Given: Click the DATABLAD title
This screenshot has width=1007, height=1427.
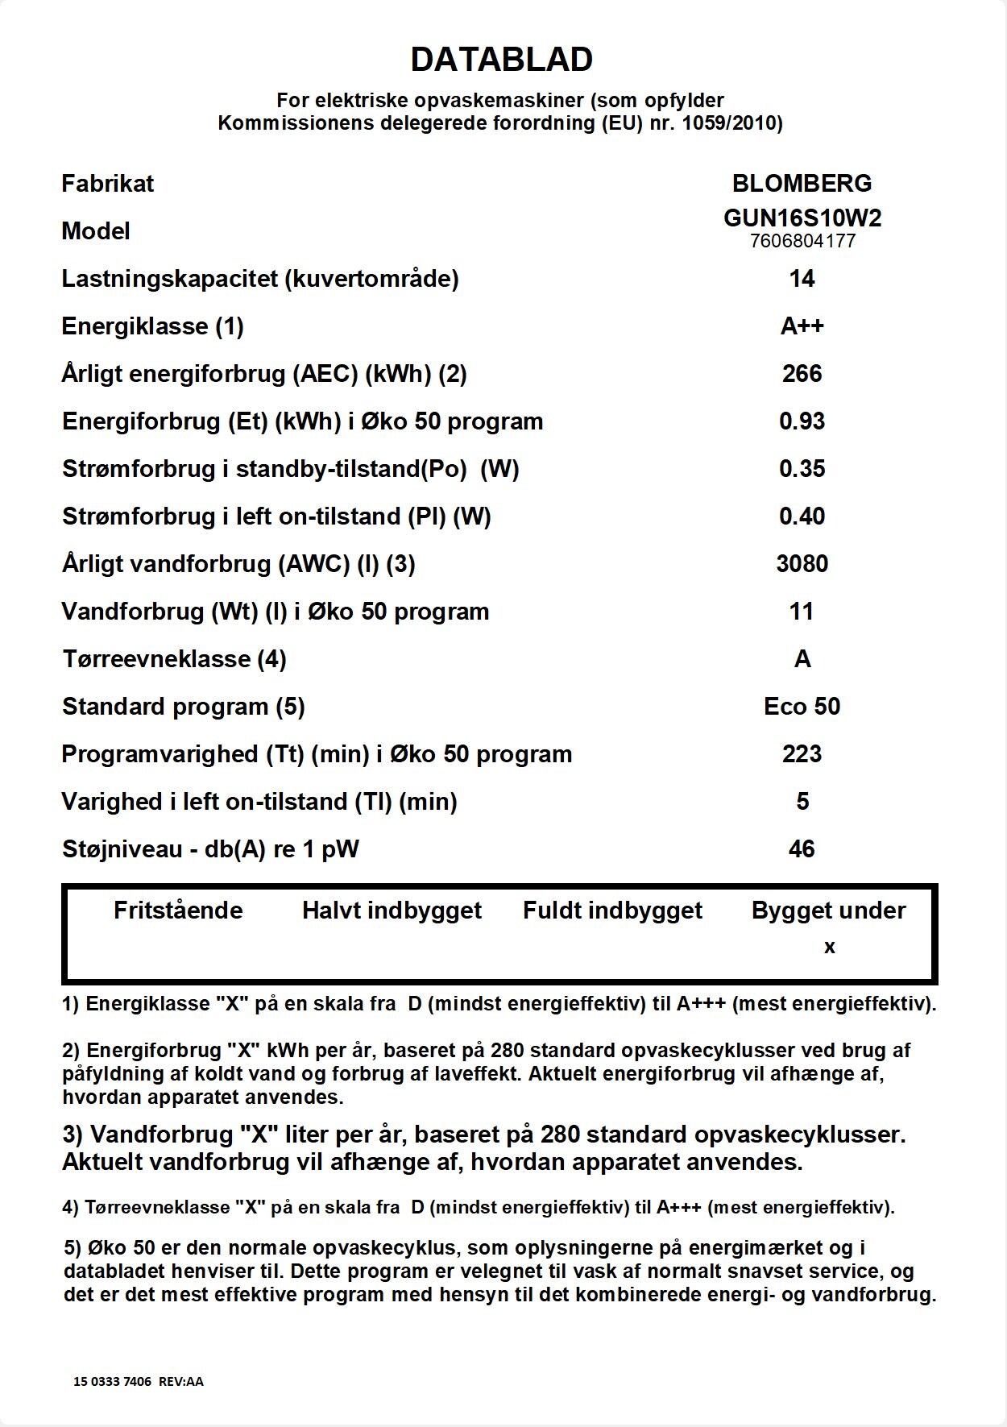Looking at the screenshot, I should [501, 60].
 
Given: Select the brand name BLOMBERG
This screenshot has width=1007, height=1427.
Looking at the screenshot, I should [802, 184].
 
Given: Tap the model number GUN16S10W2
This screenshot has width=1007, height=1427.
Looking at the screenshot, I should [802, 218].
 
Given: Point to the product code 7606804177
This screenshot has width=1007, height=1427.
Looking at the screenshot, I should [802, 241].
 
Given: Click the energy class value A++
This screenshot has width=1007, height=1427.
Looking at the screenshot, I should [802, 326].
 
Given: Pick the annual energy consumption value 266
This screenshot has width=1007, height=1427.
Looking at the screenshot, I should [802, 374].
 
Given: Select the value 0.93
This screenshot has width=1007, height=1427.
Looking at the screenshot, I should [802, 421].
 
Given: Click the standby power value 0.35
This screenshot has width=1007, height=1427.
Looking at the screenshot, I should [802, 469].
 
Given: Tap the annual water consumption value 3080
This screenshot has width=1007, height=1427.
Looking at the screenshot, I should [802, 564].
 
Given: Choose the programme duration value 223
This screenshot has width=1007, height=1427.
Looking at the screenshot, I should [802, 754].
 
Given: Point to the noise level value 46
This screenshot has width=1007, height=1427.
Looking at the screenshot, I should [802, 849].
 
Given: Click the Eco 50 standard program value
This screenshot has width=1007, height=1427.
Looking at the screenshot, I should [802, 707].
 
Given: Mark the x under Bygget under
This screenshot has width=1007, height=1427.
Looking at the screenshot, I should [830, 948].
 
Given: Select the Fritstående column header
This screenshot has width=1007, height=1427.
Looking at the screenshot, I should [178, 911].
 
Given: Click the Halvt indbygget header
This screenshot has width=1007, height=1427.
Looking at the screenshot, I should [392, 911].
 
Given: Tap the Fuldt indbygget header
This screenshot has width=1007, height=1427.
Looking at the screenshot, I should [612, 911].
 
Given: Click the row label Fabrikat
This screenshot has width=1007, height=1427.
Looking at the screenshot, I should [107, 184].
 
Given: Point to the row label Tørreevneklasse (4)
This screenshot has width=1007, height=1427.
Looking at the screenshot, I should [174, 659].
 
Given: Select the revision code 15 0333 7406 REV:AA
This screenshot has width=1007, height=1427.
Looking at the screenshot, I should [139, 1382].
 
